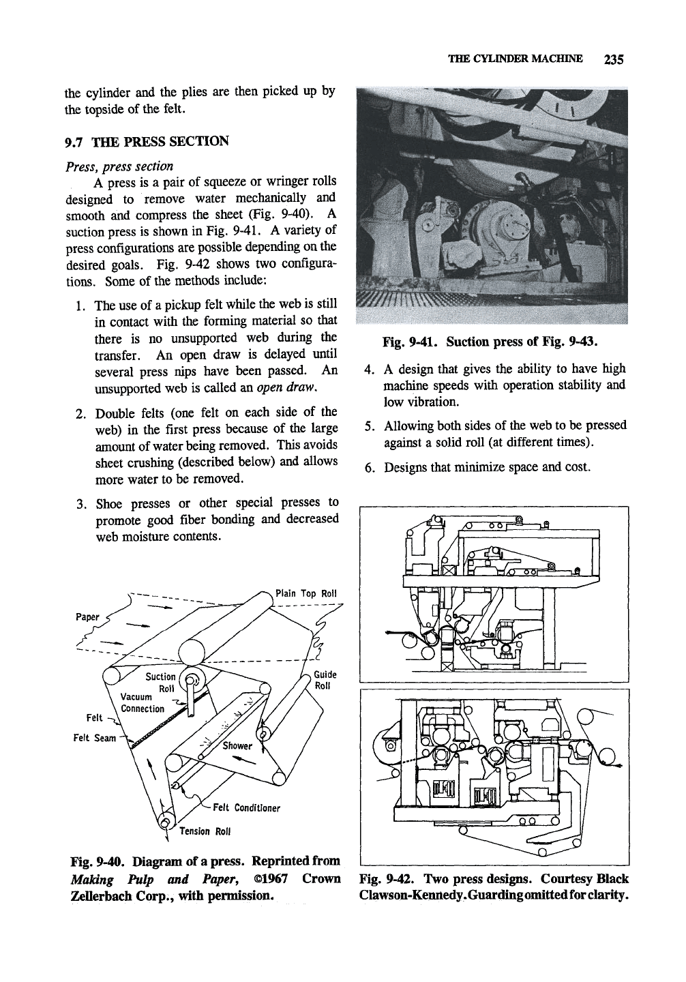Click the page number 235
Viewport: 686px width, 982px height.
point(614,59)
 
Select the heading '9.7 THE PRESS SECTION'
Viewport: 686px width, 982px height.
point(147,142)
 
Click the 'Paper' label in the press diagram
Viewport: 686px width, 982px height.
point(87,616)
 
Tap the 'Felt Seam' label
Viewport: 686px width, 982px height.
point(95,738)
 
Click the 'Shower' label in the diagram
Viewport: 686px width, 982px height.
point(237,745)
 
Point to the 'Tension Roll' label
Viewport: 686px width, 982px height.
point(205,831)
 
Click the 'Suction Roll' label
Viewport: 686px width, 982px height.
point(161,682)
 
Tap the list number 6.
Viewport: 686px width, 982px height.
point(369,468)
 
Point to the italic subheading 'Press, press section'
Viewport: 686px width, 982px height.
point(119,166)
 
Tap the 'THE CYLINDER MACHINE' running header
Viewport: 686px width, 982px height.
point(515,59)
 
